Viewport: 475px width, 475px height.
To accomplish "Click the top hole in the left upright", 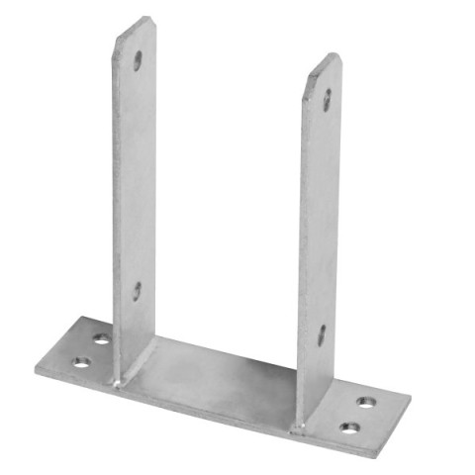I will tap(138, 60).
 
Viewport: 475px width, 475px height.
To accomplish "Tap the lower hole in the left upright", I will tap(137, 291).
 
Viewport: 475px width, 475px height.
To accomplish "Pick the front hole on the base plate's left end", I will tap(79, 363).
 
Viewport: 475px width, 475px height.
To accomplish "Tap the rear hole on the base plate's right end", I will tap(367, 403).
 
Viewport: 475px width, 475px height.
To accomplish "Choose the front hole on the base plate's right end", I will tap(349, 427).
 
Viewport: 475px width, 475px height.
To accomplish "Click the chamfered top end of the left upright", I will tap(135, 26).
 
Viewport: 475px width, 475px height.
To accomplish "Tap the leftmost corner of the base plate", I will tap(36, 371).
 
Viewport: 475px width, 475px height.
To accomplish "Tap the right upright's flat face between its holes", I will tap(326, 218).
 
